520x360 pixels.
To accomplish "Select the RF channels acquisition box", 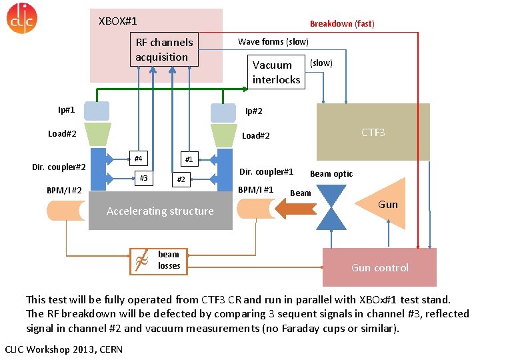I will (164, 49).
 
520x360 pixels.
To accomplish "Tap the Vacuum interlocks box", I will (276, 73).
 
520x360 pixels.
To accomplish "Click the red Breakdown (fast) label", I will (342, 23).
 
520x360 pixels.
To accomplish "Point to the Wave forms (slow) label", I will (273, 41).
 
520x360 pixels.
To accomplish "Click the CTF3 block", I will (373, 133).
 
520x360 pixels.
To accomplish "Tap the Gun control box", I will (379, 267).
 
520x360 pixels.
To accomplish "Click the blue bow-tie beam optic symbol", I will (331, 207).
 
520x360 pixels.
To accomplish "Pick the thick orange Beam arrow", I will (295, 209).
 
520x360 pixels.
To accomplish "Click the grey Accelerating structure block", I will (160, 211).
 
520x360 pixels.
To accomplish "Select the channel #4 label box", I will (138, 159).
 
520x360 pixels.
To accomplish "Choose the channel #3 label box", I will (143, 177).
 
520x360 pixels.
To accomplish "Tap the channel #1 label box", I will (189, 159).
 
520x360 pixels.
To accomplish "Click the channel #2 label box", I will (179, 179).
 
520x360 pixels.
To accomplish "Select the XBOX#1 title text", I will (117, 21).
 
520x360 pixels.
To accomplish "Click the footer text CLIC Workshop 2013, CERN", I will (59, 349).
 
